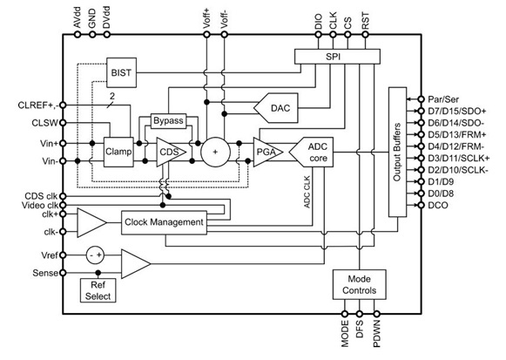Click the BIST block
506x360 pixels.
(x=121, y=72)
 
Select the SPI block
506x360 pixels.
(x=337, y=57)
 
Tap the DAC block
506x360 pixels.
(x=276, y=108)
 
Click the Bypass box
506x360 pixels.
(x=168, y=121)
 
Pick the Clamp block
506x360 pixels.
(x=118, y=152)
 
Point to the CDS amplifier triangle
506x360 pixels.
(x=171, y=152)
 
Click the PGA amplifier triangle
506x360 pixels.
(x=268, y=152)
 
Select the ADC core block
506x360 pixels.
(x=311, y=152)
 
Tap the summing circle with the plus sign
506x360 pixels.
(x=216, y=152)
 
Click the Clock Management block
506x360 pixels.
(x=164, y=222)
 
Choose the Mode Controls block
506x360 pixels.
(x=359, y=284)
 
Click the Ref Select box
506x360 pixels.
(x=98, y=290)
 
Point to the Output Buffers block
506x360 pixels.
(x=397, y=152)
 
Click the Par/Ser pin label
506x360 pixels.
(x=443, y=99)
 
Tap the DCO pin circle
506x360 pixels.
(x=421, y=205)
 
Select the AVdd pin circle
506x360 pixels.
(x=78, y=34)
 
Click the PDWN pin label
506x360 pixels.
(x=377, y=334)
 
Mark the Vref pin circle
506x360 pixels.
(x=63, y=255)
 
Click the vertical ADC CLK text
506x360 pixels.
(x=307, y=192)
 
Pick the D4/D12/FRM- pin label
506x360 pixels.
(x=456, y=146)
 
